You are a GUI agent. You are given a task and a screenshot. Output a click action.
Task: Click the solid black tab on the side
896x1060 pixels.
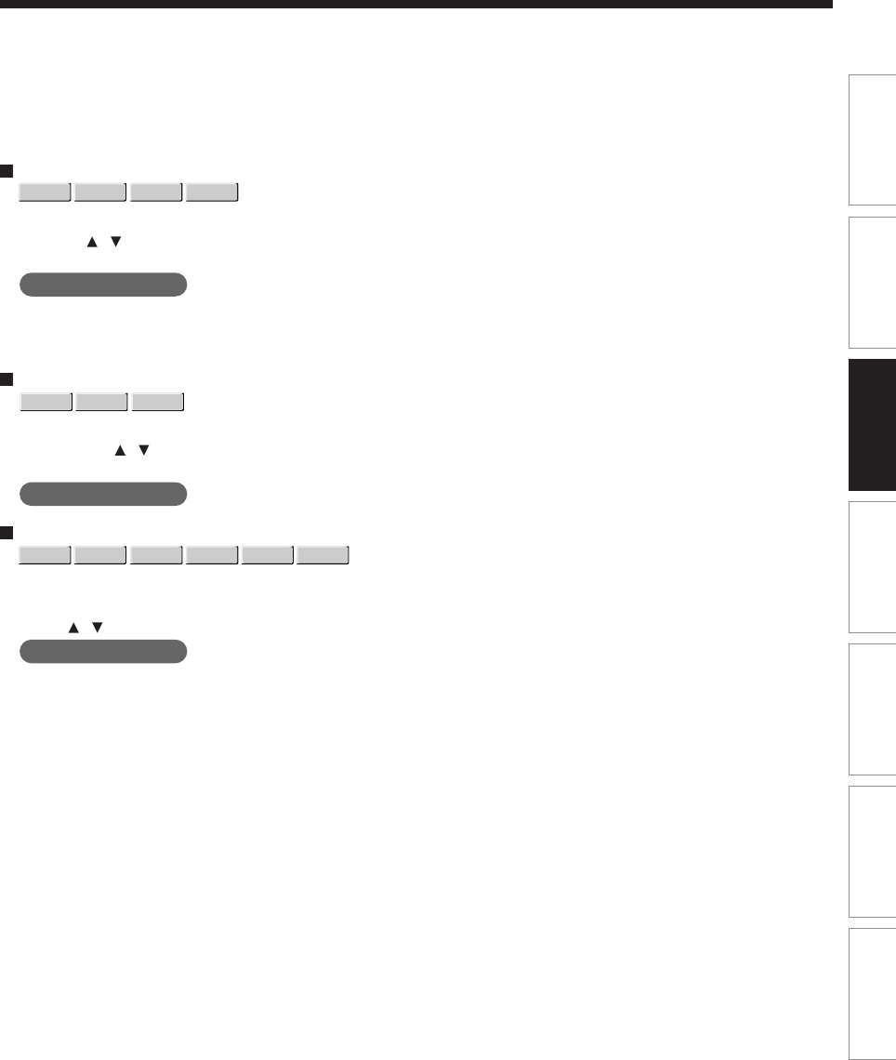click(x=872, y=425)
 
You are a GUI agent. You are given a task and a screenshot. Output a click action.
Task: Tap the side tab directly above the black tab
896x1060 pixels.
click(x=872, y=283)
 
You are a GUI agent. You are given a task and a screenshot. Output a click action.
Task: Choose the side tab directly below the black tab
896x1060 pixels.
click(x=872, y=566)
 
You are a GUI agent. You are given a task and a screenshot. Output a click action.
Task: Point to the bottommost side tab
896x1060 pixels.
click(x=872, y=995)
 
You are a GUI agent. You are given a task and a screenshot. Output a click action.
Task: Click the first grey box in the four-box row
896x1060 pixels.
click(x=46, y=192)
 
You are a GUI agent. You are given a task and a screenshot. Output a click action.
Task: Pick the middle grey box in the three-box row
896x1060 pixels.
click(x=101, y=402)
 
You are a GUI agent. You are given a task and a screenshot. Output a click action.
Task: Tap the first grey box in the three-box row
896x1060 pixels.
click(x=46, y=402)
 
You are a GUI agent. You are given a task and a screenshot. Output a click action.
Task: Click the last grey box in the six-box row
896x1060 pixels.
click(x=323, y=556)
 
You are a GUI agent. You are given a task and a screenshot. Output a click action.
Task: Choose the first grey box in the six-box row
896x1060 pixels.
click(x=46, y=556)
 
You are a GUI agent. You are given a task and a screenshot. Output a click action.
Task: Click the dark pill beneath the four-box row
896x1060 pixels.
click(x=103, y=285)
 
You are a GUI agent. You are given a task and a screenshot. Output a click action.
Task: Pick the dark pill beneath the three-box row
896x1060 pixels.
click(x=103, y=494)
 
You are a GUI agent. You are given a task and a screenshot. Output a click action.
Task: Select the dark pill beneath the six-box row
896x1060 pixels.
click(x=103, y=651)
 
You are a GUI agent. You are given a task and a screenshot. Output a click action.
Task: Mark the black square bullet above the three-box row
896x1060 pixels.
click(x=6, y=379)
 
